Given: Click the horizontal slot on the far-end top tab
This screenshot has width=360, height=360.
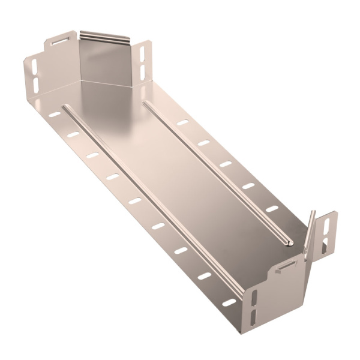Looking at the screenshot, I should tap(60, 42).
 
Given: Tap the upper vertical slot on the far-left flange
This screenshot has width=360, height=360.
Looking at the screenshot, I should tap(34, 66).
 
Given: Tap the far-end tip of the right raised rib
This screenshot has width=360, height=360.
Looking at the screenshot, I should tap(146, 104).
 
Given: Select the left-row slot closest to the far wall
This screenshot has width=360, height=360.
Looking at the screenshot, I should tap(55, 114).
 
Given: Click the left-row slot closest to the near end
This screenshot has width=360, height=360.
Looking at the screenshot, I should tap(229, 302).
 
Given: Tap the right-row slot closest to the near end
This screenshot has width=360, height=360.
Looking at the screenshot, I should tap(272, 209).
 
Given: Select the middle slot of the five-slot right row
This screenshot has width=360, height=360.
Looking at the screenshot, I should tap(226, 164).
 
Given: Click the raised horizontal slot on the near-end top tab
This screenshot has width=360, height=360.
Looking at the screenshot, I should tap(289, 263).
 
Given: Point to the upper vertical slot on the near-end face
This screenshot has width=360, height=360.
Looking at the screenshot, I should tap(255, 297).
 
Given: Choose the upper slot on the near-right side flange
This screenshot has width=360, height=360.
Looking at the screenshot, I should tap(328, 226).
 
